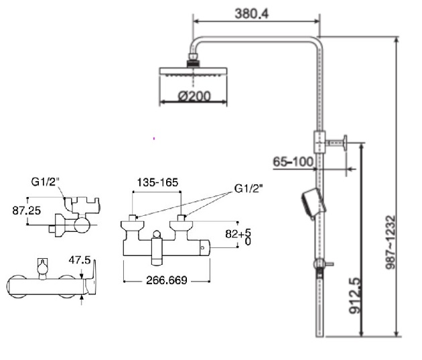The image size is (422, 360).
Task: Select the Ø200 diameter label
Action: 194,97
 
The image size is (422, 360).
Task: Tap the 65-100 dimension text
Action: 293,162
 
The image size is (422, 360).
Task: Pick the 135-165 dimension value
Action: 157,182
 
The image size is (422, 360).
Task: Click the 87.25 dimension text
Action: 26,210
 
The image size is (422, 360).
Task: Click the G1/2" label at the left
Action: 46,182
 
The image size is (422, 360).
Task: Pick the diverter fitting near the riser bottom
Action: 320,263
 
